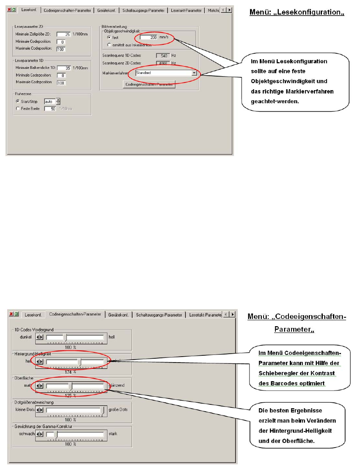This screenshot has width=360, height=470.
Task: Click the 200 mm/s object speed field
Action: (x=149, y=37)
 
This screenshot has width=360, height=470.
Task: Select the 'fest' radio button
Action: (x=109, y=38)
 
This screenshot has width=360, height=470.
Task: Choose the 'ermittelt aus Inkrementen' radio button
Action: (x=109, y=44)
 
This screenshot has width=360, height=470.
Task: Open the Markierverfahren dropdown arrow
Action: (x=194, y=73)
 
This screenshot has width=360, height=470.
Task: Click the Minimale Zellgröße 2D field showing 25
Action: (x=63, y=35)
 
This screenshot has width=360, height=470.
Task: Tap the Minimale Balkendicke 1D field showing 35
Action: (x=63, y=68)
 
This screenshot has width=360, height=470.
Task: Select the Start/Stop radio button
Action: (x=18, y=101)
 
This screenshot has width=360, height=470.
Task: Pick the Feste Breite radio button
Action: (x=18, y=108)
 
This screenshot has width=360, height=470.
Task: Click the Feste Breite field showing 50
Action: (x=50, y=109)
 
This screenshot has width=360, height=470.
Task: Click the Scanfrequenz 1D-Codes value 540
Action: (x=162, y=55)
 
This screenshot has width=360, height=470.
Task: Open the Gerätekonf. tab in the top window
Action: (x=106, y=10)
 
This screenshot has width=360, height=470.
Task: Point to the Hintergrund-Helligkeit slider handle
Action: (x=80, y=362)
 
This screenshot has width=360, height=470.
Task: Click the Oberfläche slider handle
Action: (x=71, y=386)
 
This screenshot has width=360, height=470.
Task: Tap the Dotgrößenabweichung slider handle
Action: (x=102, y=410)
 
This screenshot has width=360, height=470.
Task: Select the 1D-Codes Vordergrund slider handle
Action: (x=65, y=337)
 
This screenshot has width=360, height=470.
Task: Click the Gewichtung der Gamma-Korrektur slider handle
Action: (x=55, y=434)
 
